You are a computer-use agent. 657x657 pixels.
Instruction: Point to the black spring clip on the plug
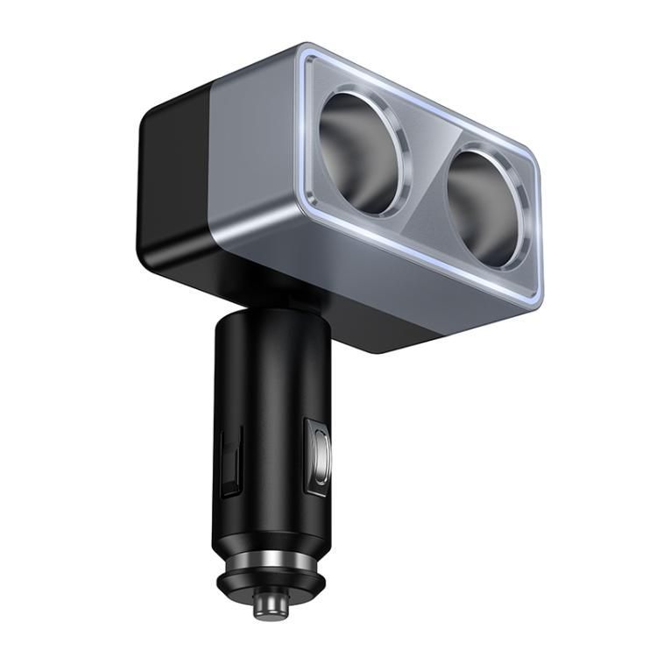click(230, 461)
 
